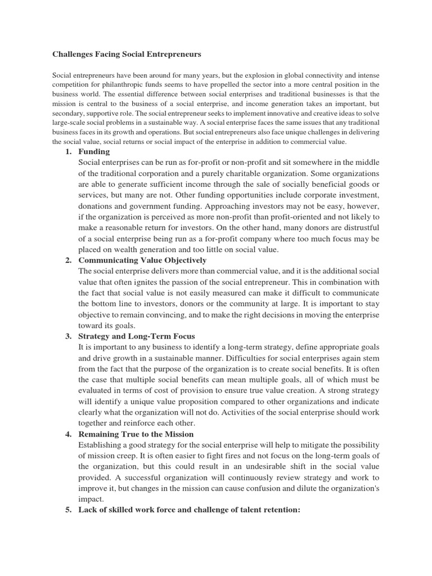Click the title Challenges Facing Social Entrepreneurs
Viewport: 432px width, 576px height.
coord(126,55)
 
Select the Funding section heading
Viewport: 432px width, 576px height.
coord(94,151)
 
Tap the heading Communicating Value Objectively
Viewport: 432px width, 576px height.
coord(142,260)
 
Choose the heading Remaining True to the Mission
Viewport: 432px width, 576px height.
coord(136,434)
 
